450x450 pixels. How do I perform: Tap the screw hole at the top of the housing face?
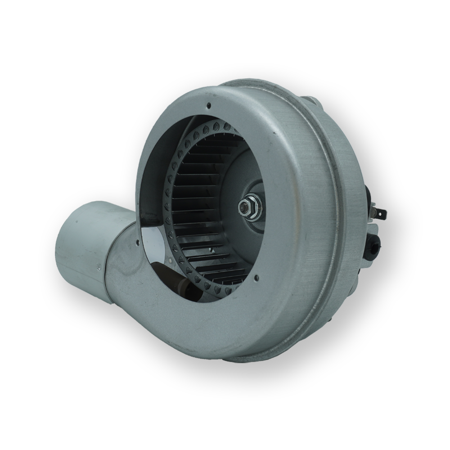[209, 106]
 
